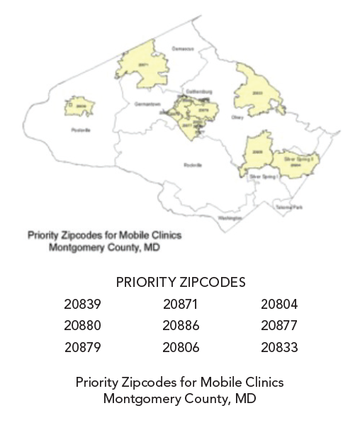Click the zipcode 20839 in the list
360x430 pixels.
[82, 305]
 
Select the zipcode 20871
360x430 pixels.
[180, 305]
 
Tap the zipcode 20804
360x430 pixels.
[279, 305]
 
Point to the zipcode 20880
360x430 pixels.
[82, 326]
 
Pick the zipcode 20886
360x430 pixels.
[181, 326]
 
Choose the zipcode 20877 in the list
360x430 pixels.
[279, 326]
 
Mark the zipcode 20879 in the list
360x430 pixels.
[82, 348]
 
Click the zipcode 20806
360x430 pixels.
[181, 348]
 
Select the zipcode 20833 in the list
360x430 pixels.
[279, 348]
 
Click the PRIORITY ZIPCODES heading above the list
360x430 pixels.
[180, 282]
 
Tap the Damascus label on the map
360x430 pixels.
[183, 49]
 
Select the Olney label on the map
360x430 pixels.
[237, 118]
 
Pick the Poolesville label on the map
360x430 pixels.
[81, 130]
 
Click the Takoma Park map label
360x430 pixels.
[290, 207]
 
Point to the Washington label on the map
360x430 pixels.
[230, 218]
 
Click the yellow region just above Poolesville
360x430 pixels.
[81, 107]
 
